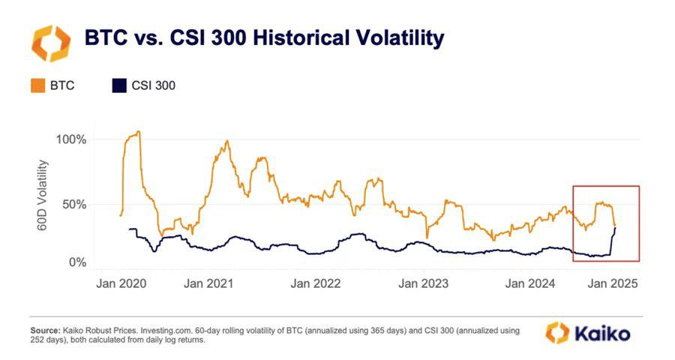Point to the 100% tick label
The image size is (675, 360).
point(71,139)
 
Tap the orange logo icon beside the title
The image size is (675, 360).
point(50,42)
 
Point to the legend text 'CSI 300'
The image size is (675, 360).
point(154,85)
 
